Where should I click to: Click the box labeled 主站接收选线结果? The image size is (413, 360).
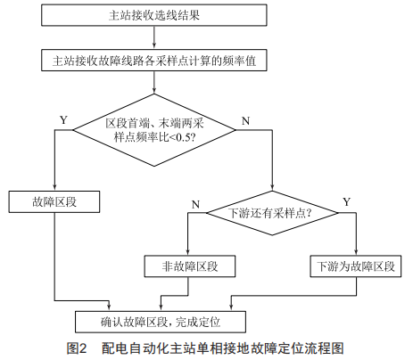coord(154,15)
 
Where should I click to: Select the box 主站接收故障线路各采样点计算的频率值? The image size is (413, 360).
coord(154,61)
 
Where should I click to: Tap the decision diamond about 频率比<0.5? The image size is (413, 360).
coord(154,130)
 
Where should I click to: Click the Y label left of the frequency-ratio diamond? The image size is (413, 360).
coord(63,120)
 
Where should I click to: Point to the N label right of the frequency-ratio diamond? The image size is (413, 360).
coord(245,121)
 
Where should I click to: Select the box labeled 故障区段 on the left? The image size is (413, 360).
coord(54,202)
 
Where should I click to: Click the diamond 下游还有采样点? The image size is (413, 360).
coord(272,213)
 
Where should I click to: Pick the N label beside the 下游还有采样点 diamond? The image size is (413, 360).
coord(195,205)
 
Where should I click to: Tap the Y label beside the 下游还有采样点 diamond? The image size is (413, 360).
coord(347,202)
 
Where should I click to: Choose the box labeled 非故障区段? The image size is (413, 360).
coord(190,266)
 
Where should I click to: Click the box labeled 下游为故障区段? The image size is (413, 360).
coord(356,266)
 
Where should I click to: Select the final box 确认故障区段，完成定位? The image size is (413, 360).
coord(161,322)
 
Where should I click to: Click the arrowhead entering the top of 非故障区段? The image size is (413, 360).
coord(188,252)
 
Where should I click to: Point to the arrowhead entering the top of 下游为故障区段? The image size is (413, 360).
coord(356,252)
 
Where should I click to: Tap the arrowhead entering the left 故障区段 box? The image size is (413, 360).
coord(54,188)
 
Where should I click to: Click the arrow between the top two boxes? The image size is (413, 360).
coord(154,37)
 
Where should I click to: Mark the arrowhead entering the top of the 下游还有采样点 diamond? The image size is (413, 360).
coord(272,187)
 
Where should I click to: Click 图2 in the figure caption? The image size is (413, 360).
coord(77,348)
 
